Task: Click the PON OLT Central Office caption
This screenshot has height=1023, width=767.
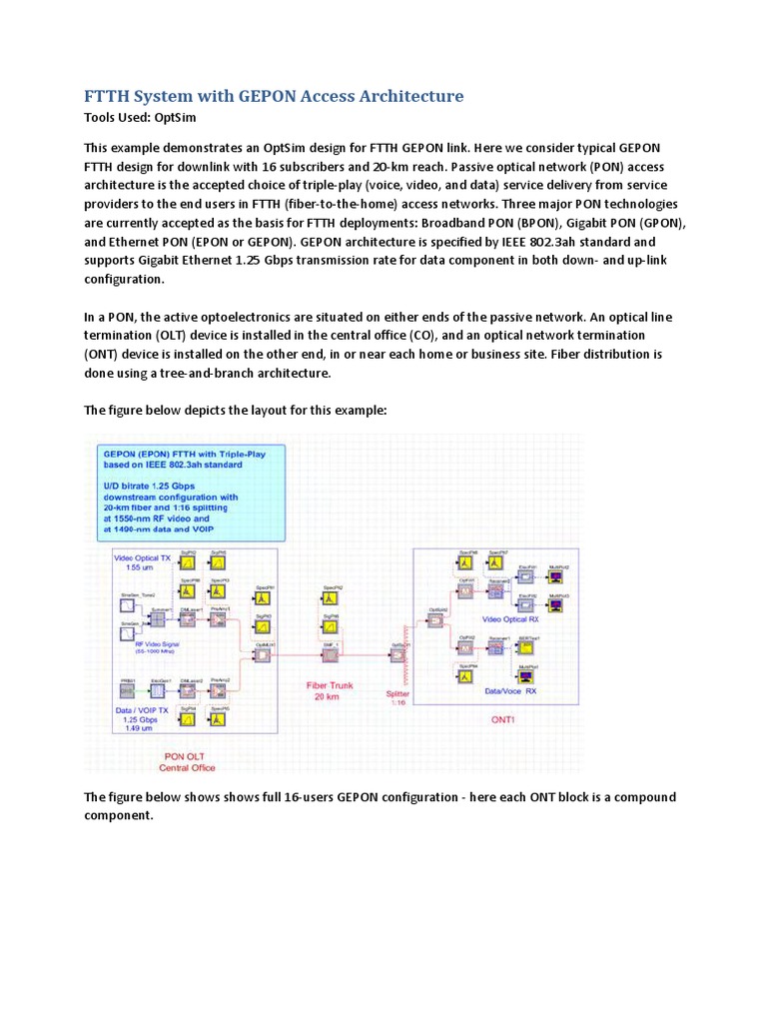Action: [x=188, y=761]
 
